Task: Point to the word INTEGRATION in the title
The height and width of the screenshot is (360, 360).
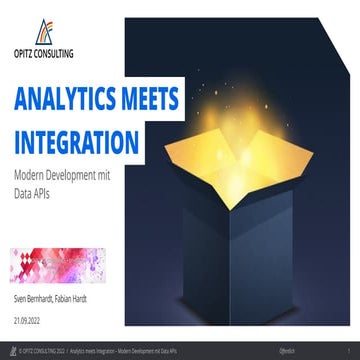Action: tap(90, 139)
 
